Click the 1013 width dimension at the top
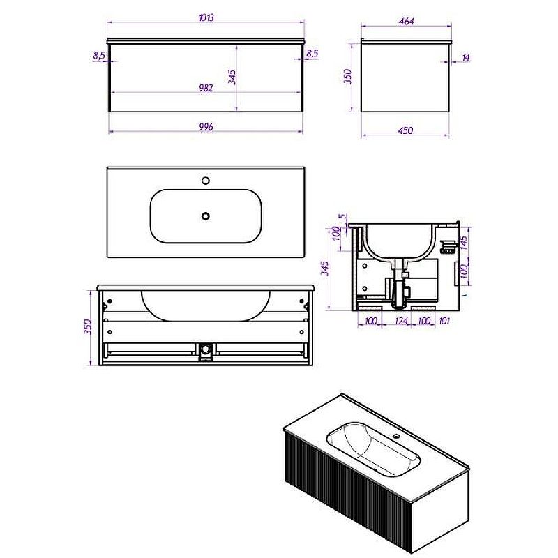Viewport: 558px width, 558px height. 206,17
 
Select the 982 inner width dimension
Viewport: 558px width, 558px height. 206,88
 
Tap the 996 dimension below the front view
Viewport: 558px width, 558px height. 206,127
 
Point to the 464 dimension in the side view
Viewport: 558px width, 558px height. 406,22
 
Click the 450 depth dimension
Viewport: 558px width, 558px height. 405,130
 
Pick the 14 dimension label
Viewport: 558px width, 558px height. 465,57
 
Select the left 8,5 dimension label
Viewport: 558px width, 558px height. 99,56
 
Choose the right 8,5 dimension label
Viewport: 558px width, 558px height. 312,54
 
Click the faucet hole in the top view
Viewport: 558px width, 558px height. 205,181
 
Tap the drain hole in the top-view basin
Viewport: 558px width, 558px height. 205,216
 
